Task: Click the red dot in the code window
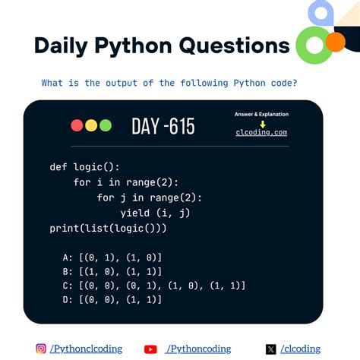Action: coord(77,126)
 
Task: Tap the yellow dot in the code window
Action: coord(91,126)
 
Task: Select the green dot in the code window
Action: coord(105,126)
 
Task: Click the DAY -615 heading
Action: coord(163,126)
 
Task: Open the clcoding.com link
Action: coord(262,132)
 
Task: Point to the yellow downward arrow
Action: coord(262,122)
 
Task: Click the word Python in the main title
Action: coord(134,46)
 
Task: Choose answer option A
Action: coord(113,257)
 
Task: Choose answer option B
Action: coord(113,271)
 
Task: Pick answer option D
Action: coord(113,300)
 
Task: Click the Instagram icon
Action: coord(41,349)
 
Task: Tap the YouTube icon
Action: coord(150,349)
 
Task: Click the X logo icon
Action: coord(271,349)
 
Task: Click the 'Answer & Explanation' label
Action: coord(262,114)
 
